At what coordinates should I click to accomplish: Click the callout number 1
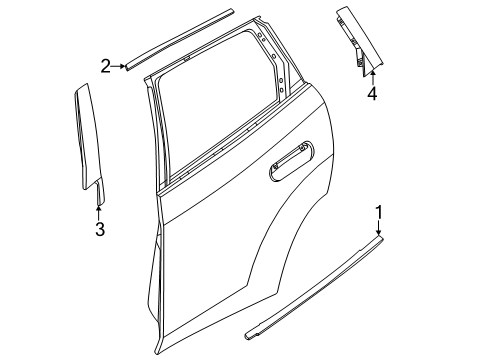(379, 211)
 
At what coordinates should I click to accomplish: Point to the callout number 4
(371, 95)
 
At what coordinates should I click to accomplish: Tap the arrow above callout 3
(99, 207)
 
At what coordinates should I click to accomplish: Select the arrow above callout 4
(371, 74)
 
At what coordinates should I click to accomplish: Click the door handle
(290, 163)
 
